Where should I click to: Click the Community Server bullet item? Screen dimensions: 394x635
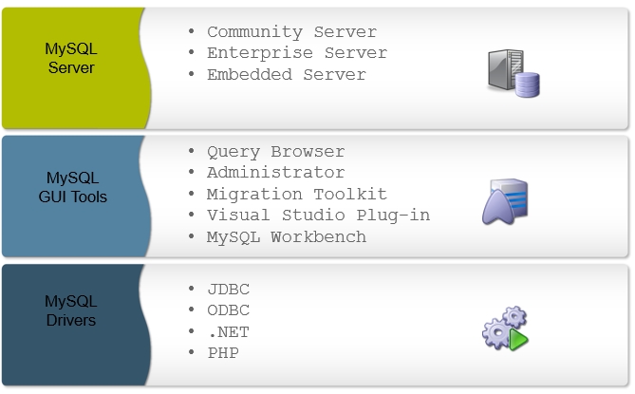tap(291, 32)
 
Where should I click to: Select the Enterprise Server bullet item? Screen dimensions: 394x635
tap(296, 53)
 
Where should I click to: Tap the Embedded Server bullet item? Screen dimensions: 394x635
tap(286, 74)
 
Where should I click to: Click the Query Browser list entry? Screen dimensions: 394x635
tap(275, 152)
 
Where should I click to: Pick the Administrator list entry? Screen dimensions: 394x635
tap(275, 173)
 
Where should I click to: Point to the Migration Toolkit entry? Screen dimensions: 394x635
tap(296, 194)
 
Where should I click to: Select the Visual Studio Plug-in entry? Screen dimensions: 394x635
tap(318, 216)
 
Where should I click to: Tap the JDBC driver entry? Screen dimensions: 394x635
tap(228, 290)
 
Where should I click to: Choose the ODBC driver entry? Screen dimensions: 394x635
tap(228, 310)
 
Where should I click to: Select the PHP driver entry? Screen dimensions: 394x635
tap(223, 353)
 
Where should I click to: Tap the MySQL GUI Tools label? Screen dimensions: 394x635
tap(76, 187)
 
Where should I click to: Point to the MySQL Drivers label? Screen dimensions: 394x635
tap(70, 310)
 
